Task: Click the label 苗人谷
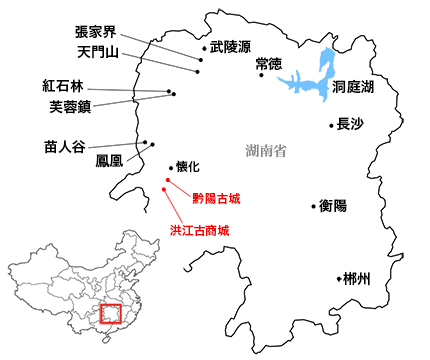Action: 65,144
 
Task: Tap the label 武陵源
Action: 230,47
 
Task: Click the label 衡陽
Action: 333,205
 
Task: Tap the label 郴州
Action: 356,279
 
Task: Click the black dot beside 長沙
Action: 331,126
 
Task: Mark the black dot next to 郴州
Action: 338,279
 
